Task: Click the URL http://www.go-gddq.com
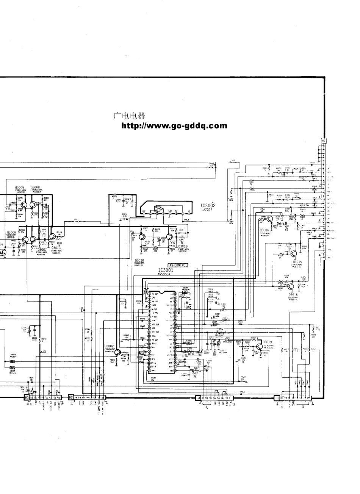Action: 174,126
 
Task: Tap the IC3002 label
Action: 208,205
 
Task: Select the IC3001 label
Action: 166,270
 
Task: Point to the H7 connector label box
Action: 323,141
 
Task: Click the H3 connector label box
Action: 27,397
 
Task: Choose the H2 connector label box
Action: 71,397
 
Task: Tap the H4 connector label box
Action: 198,397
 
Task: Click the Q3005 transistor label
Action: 20,188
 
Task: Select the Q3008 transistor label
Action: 35,188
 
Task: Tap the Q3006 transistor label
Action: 264,230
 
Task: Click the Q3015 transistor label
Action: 297,262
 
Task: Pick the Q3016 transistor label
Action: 293,294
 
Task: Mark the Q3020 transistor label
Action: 139,261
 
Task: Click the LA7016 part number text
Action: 207,209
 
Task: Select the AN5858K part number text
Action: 164,274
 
